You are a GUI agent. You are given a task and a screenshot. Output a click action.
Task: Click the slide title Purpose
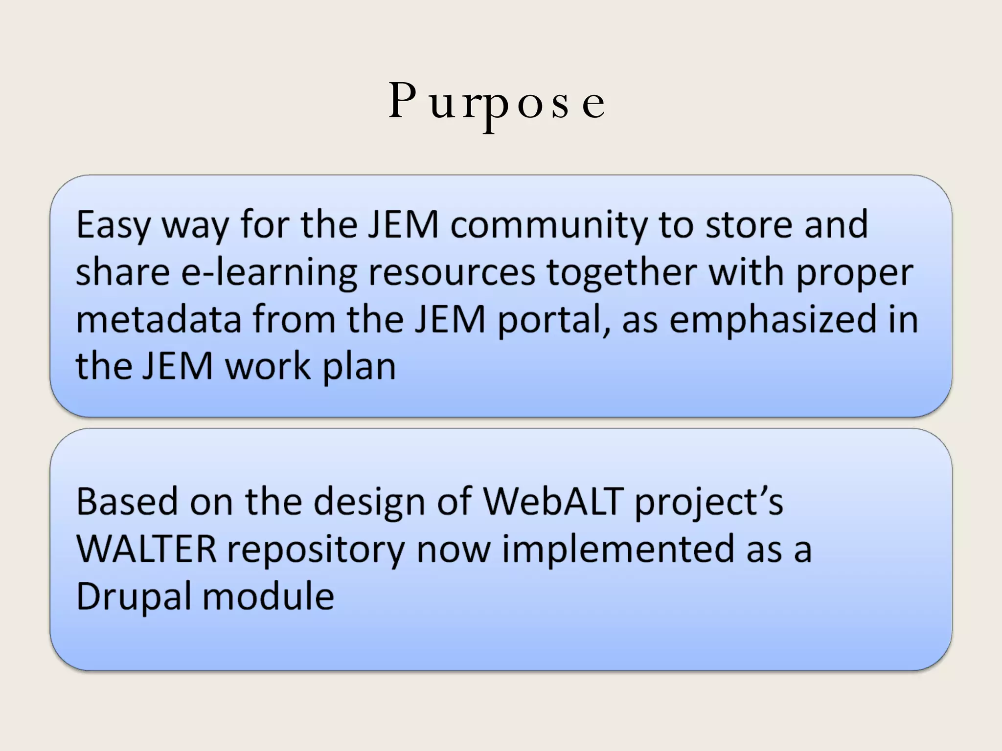pyautogui.click(x=497, y=101)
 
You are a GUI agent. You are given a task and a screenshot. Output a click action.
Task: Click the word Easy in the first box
pyautogui.click(x=113, y=225)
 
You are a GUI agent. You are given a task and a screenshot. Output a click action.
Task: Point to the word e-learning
pyautogui.click(x=269, y=272)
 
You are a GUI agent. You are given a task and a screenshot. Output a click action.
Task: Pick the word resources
pyautogui.click(x=452, y=272)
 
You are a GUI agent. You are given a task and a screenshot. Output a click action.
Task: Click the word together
pyautogui.click(x=621, y=272)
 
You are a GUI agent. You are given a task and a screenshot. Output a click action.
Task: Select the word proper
pyautogui.click(x=855, y=272)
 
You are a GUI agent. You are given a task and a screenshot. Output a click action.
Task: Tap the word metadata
pyautogui.click(x=159, y=319)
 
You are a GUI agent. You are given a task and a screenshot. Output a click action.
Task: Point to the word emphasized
pyautogui.click(x=773, y=320)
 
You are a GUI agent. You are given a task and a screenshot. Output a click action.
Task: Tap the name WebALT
pyautogui.click(x=553, y=502)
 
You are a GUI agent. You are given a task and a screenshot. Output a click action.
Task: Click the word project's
pyautogui.click(x=709, y=503)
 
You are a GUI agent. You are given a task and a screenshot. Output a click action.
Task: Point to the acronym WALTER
pyautogui.click(x=146, y=549)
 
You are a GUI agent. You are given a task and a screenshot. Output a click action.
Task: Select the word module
pyautogui.click(x=268, y=596)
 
